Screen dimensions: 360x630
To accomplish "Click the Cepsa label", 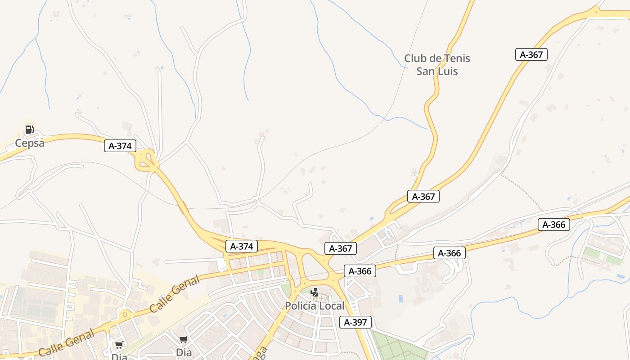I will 30,143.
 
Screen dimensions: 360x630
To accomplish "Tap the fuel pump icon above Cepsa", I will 29,130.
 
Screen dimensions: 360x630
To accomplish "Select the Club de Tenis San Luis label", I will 437,65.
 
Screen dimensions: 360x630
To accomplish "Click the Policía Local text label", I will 315,306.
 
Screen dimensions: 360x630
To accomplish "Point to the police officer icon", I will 315,292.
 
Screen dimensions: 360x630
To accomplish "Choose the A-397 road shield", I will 355,322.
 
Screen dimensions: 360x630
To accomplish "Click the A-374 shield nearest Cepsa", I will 120,146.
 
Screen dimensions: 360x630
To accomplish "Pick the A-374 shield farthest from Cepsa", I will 242,246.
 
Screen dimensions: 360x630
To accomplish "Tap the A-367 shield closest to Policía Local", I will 340,248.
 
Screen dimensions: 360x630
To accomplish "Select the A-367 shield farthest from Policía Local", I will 531,55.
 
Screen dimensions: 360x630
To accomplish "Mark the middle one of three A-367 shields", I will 423,196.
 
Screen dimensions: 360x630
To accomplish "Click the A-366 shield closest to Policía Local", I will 360,271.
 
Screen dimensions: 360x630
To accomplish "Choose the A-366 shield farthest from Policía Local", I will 554,225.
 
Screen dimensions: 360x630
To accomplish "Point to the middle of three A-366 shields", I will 450,253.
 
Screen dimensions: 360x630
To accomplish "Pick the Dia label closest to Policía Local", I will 184,352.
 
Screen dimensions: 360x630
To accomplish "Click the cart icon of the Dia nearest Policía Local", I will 183,340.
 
